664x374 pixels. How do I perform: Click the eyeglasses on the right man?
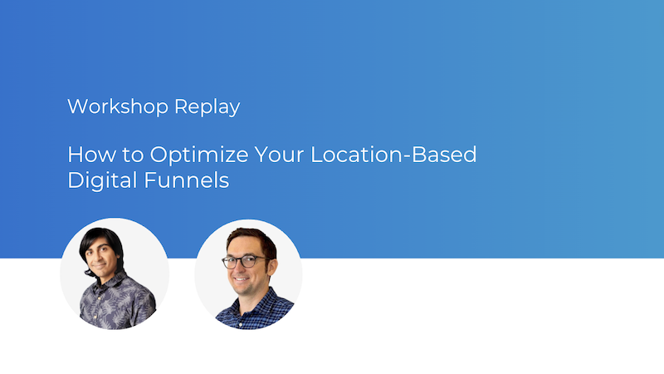pyautogui.click(x=244, y=261)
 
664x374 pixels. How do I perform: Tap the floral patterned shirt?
pyautogui.click(x=116, y=308)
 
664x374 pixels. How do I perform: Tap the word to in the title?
pyautogui.click(x=120, y=155)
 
